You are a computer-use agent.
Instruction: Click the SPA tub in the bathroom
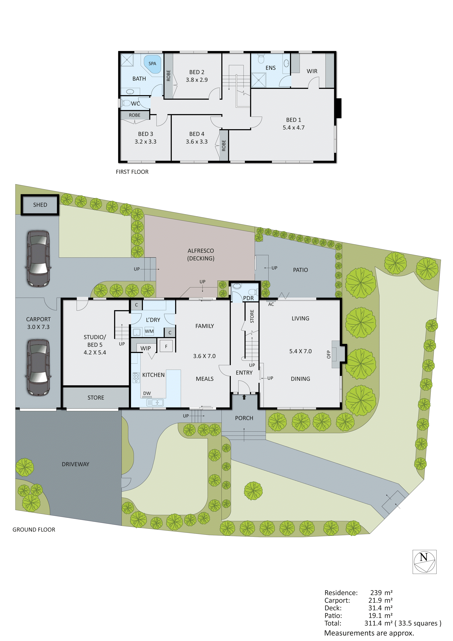(x=152, y=64)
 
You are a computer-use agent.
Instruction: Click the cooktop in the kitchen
(x=136, y=378)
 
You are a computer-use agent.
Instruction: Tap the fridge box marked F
(x=166, y=346)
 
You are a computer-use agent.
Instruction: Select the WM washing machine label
(x=149, y=331)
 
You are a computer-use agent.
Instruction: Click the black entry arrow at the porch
(x=244, y=397)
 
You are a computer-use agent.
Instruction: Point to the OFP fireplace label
(x=329, y=354)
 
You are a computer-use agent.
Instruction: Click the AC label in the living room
(x=271, y=304)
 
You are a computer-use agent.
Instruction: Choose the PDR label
(x=248, y=298)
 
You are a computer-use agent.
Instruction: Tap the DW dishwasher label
(x=147, y=393)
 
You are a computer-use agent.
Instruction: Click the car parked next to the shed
(x=39, y=259)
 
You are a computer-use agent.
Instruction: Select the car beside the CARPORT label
(x=39, y=367)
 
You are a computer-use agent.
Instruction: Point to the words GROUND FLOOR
(x=34, y=530)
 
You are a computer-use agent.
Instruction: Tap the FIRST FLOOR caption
(x=132, y=172)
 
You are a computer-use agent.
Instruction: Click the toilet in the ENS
(x=261, y=59)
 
